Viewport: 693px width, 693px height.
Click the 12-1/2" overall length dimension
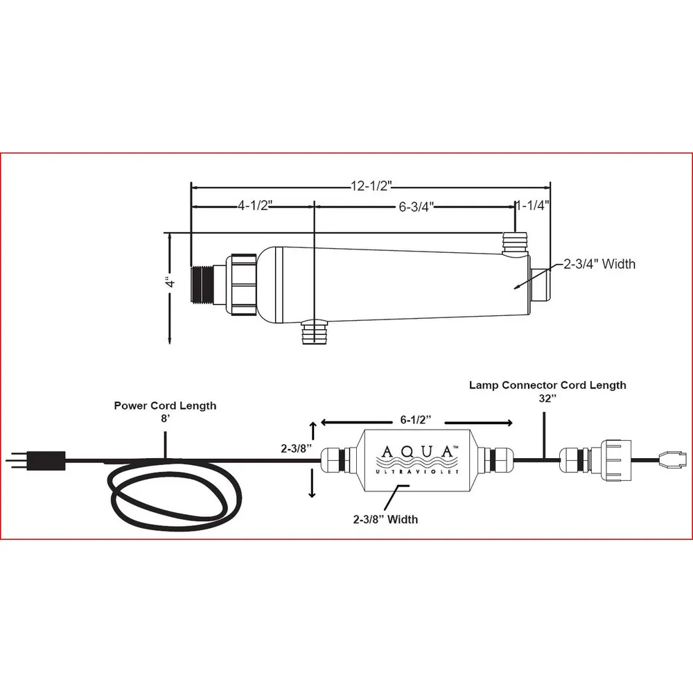click(x=371, y=186)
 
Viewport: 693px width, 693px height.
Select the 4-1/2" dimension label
click(x=255, y=206)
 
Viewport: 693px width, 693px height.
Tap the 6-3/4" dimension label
click(x=416, y=207)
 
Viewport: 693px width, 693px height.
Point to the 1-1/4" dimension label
click(x=533, y=205)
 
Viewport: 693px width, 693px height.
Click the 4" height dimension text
click(x=170, y=282)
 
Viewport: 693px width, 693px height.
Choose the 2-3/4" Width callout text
click(x=599, y=264)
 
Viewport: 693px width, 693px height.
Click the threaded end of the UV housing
click(x=202, y=285)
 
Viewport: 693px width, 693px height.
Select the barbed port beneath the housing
click(x=314, y=333)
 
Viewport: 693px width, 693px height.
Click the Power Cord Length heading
click(x=166, y=405)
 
